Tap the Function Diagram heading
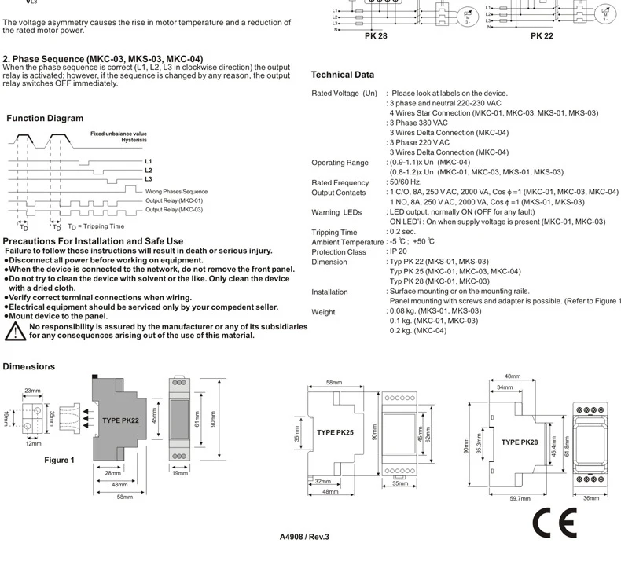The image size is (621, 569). pyautogui.click(x=45, y=119)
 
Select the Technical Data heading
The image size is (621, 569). pyautogui.click(x=343, y=75)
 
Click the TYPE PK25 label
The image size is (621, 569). pyautogui.click(x=335, y=431)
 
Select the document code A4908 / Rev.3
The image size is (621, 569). pyautogui.click(x=304, y=538)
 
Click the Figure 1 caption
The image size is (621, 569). pyautogui.click(x=59, y=460)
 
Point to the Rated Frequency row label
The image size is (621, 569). pyautogui.click(x=340, y=183)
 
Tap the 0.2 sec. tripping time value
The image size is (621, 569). pyautogui.click(x=402, y=233)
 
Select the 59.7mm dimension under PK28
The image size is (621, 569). pyautogui.click(x=520, y=498)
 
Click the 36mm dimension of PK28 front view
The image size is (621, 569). pyautogui.click(x=591, y=498)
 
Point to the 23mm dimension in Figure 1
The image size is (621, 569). pyautogui.click(x=32, y=391)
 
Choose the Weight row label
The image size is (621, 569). pyautogui.click(x=324, y=312)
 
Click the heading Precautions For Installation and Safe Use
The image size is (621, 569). pyautogui.click(x=93, y=241)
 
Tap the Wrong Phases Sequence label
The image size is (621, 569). pyautogui.click(x=176, y=191)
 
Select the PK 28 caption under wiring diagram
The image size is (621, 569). pyautogui.click(x=376, y=36)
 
